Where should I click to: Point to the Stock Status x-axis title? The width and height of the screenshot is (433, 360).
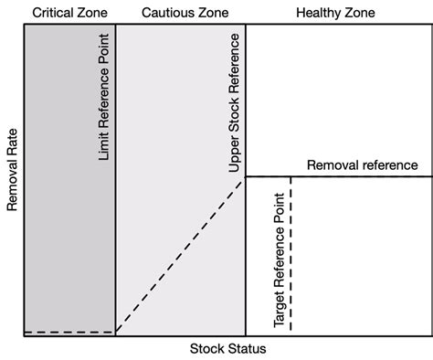tap(227, 349)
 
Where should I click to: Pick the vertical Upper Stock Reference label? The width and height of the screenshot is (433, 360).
tap(235, 101)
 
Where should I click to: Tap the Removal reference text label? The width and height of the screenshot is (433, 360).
tap(362, 165)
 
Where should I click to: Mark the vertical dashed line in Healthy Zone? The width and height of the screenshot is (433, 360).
tap(290, 256)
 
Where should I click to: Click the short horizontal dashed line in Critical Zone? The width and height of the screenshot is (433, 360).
tap(69, 333)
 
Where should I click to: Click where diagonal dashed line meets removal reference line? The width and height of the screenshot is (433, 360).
tap(246, 177)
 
